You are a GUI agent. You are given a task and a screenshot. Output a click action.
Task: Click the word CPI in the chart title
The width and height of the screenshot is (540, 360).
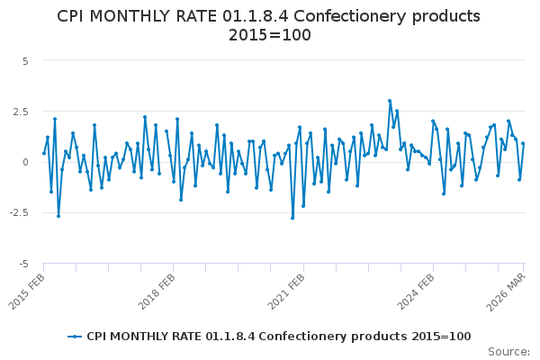(x=74, y=16)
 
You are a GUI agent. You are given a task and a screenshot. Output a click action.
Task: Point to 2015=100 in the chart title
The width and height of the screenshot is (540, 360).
(x=270, y=35)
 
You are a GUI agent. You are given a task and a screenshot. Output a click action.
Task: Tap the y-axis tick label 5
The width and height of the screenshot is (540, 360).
(x=26, y=61)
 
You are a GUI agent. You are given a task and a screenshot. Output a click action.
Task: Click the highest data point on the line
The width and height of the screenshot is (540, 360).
(x=390, y=101)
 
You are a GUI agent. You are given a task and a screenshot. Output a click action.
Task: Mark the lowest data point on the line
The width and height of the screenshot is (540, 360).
(x=292, y=218)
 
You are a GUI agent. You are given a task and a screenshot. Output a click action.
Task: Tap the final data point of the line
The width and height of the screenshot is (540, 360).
(x=523, y=143)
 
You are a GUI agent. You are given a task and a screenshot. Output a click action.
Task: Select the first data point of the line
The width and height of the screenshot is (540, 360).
(x=44, y=153)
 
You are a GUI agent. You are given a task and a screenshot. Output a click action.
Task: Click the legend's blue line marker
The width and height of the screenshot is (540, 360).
(x=76, y=337)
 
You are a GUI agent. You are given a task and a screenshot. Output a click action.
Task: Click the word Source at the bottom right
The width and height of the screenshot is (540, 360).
(x=508, y=352)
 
